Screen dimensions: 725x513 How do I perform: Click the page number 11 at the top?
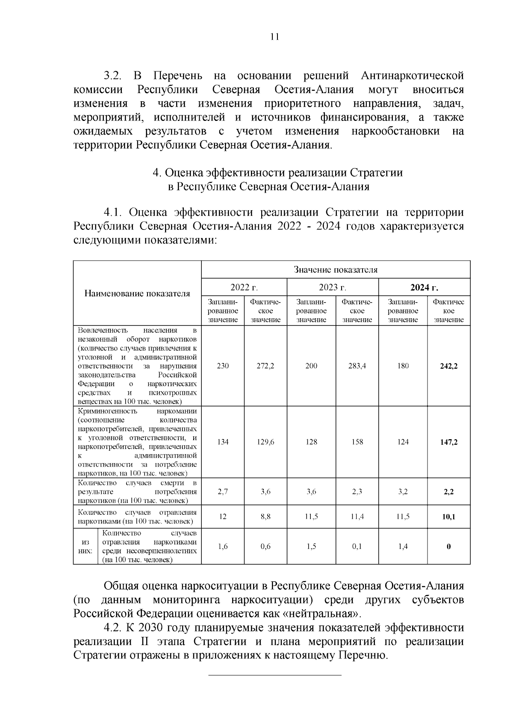click(x=275, y=37)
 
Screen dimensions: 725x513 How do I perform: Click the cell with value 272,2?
click(x=265, y=366)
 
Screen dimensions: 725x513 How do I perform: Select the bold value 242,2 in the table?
click(x=449, y=366)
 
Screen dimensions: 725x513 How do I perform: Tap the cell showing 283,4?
click(x=357, y=366)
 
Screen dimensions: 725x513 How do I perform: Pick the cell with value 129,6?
click(x=265, y=442)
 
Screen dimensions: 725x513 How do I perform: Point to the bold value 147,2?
click(x=449, y=442)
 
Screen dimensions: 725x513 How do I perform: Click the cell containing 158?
click(x=357, y=442)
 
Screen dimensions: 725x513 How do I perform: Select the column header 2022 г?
click(x=244, y=287)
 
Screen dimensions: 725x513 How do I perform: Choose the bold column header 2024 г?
click(x=424, y=287)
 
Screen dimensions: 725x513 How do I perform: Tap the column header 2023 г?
click(x=333, y=287)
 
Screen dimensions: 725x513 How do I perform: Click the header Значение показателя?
click(x=336, y=270)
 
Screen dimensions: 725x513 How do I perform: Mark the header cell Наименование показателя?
click(x=137, y=294)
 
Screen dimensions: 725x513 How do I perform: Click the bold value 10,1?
click(x=449, y=517)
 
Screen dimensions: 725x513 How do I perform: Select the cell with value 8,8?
click(x=265, y=517)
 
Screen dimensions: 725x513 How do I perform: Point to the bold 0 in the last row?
click(x=449, y=546)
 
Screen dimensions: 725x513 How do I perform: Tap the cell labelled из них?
click(x=85, y=546)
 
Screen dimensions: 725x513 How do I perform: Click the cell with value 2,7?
click(x=223, y=492)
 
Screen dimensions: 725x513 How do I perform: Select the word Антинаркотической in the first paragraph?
click(x=412, y=76)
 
